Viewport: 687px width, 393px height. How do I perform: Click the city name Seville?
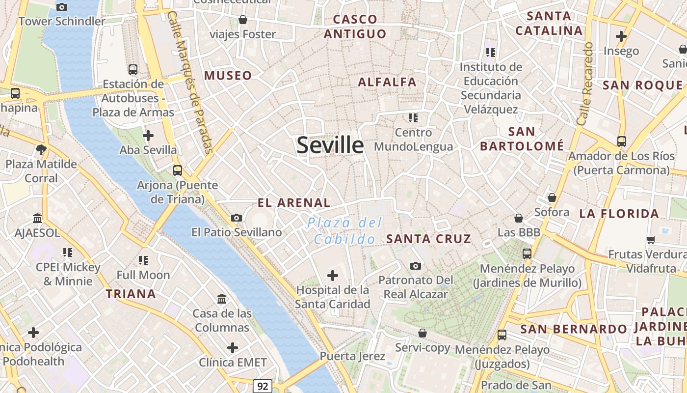coord(330,145)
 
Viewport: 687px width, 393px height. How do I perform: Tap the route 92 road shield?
coord(263,386)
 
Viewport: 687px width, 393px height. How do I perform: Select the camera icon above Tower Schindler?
coord(61,7)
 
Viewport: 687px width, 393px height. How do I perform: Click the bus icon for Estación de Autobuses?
coord(132,70)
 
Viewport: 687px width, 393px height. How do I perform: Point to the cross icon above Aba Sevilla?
coord(148,136)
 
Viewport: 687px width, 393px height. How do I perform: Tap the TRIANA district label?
coord(131,294)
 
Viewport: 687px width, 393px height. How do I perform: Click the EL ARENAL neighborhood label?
coord(294,202)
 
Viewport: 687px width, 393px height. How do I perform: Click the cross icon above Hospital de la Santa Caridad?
coord(333,276)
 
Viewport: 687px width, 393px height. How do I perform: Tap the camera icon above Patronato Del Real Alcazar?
coord(416,266)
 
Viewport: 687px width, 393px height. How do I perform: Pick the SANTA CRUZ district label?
coord(428,239)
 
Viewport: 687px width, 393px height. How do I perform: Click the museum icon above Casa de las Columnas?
coord(222,299)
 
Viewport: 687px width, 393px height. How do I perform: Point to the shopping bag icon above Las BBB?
coord(519,218)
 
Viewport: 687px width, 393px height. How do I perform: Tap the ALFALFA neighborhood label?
coord(387,82)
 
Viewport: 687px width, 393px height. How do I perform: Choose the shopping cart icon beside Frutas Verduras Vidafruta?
coord(651,240)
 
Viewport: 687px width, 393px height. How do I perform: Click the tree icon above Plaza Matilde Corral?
coord(41,149)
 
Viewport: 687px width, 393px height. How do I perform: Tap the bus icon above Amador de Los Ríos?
coord(622,141)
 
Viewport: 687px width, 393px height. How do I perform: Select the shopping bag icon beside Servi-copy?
coord(422,333)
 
